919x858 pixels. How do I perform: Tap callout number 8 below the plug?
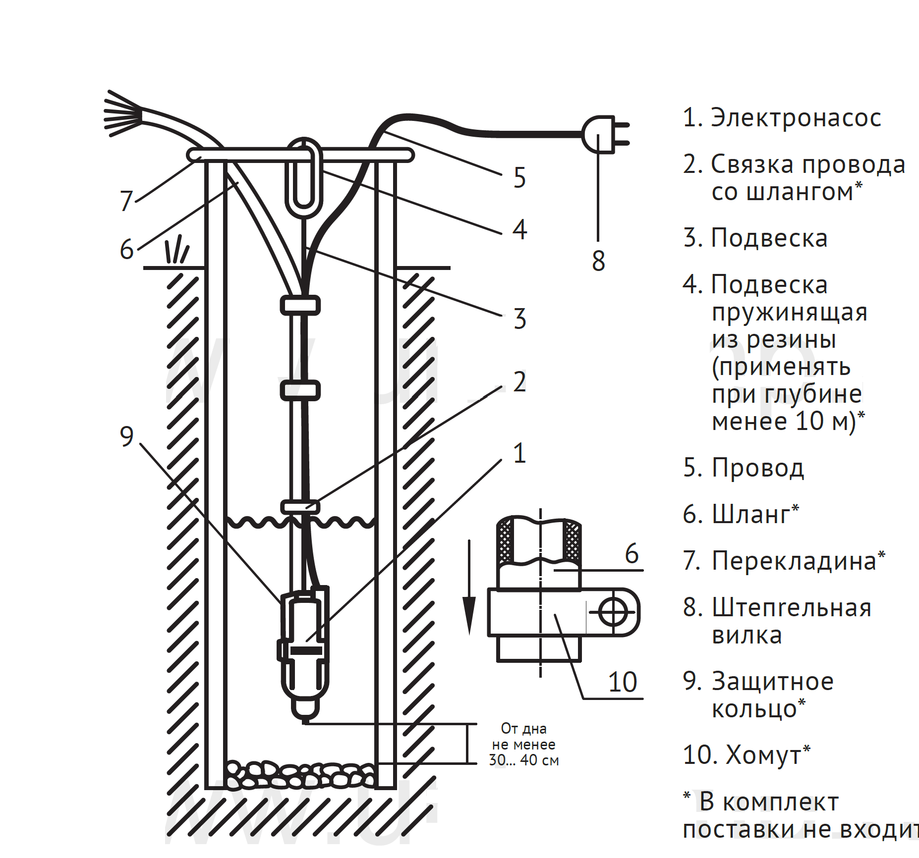(x=598, y=261)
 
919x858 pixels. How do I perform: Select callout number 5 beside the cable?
(x=519, y=178)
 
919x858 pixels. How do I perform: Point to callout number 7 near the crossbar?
(x=126, y=201)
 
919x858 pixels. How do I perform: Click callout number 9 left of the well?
(x=127, y=436)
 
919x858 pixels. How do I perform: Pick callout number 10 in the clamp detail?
(x=623, y=682)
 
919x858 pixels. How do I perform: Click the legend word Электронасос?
(x=796, y=118)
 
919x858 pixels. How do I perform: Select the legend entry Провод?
(x=757, y=468)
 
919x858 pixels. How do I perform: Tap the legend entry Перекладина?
(x=794, y=561)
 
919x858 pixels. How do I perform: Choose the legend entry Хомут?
(x=763, y=755)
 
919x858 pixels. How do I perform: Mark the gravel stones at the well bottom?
(x=300, y=775)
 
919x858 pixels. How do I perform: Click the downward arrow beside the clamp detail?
(x=469, y=590)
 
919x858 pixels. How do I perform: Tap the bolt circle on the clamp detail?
(x=613, y=612)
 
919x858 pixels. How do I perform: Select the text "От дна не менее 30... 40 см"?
(x=524, y=744)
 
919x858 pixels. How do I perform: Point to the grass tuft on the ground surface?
(x=176, y=250)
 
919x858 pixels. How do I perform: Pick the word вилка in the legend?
(x=747, y=636)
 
